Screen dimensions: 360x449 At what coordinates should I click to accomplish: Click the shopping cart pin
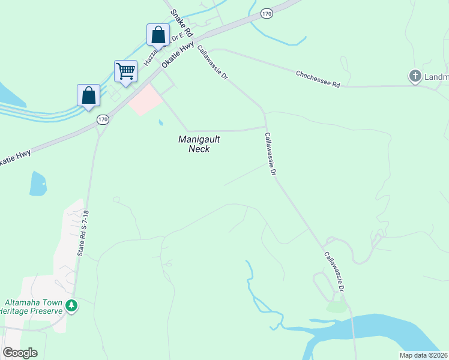pyautogui.click(x=126, y=71)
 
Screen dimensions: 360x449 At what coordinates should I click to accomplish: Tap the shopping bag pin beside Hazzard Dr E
pyautogui.click(x=158, y=34)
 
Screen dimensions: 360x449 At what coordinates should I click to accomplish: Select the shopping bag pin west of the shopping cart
pyautogui.click(x=88, y=95)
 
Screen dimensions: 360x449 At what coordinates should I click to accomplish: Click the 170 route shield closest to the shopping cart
pyautogui.click(x=103, y=120)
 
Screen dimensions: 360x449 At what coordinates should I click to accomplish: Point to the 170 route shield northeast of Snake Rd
pyautogui.click(x=267, y=12)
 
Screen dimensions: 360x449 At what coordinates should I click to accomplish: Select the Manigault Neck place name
pyautogui.click(x=199, y=144)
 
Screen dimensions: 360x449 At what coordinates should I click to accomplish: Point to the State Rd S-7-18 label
pyautogui.click(x=83, y=234)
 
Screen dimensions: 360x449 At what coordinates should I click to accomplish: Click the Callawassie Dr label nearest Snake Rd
pyautogui.click(x=212, y=64)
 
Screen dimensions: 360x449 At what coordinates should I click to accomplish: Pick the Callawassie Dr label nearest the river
pyautogui.click(x=334, y=271)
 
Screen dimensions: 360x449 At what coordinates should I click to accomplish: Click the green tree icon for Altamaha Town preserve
pyautogui.click(x=72, y=306)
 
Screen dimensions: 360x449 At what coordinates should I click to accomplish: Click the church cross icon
pyautogui.click(x=415, y=76)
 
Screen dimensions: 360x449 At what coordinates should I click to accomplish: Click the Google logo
pyautogui.click(x=20, y=352)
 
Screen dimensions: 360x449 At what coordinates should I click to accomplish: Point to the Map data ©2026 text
pyautogui.click(x=423, y=355)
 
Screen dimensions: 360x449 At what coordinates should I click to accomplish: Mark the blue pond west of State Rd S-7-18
pyautogui.click(x=38, y=184)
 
